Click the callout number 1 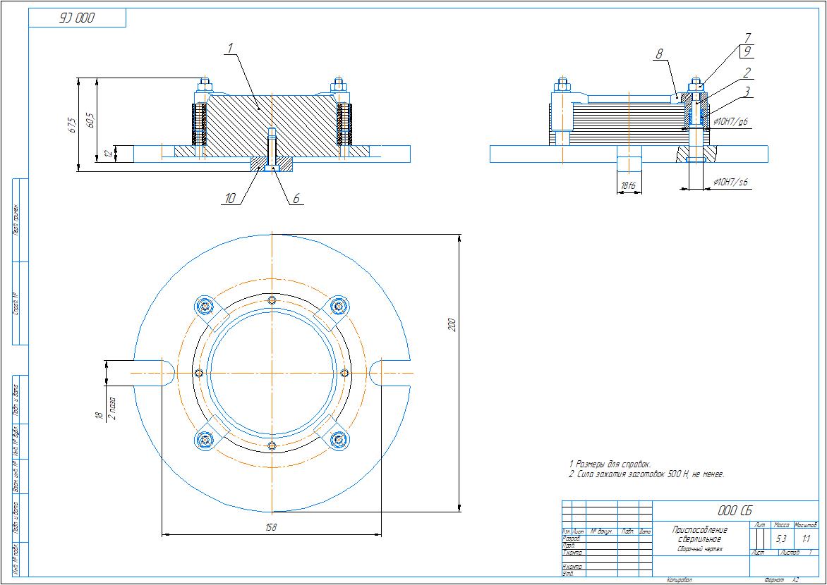pos(230,48)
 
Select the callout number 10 pos(230,199)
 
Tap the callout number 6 pos(296,199)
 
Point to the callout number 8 pos(659,54)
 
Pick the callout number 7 pos(747,37)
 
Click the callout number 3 pos(747,91)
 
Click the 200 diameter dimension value pos(452,324)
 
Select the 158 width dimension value pos(272,529)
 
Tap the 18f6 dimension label pos(627,186)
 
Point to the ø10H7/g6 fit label pos(731,122)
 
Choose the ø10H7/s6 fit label pos(731,183)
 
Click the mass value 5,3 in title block pos(781,539)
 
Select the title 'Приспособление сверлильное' pos(699,534)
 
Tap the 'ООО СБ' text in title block pos(734,511)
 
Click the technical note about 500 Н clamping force pos(646,475)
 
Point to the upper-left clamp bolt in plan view pos(205,306)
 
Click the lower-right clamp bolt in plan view pos(339,440)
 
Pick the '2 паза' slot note pos(111,407)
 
